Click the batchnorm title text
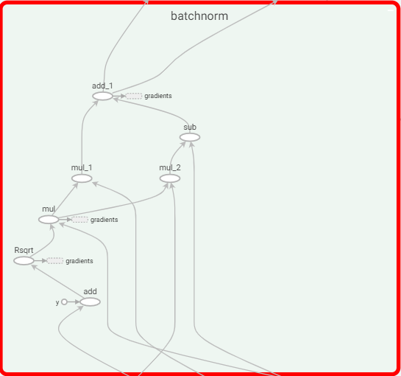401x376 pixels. pyautogui.click(x=199, y=16)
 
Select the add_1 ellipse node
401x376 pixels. pyautogui.click(x=102, y=96)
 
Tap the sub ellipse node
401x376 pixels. pyautogui.click(x=190, y=137)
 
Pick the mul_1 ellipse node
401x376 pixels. pyautogui.click(x=82, y=178)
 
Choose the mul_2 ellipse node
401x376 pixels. pyautogui.click(x=170, y=178)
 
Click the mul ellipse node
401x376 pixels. pyautogui.click(x=49, y=220)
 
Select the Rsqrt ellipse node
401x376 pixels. pyautogui.click(x=24, y=261)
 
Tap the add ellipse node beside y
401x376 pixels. pyautogui.click(x=90, y=302)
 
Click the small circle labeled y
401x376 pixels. pyautogui.click(x=64, y=302)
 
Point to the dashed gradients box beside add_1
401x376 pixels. pyautogui.click(x=134, y=96)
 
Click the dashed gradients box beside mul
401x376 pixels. pyautogui.click(x=79, y=220)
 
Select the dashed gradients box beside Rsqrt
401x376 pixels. pyautogui.click(x=55, y=261)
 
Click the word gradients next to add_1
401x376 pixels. pyautogui.click(x=158, y=96)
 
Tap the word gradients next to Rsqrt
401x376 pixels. pyautogui.click(x=79, y=261)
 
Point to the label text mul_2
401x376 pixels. pyautogui.click(x=170, y=167)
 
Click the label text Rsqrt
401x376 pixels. pyautogui.click(x=24, y=250)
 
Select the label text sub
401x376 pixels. pyautogui.click(x=190, y=127)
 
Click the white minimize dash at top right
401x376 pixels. pyautogui.click(x=391, y=10)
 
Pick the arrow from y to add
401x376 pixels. pyautogui.click(x=74, y=302)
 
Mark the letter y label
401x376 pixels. pyautogui.click(x=57, y=303)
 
